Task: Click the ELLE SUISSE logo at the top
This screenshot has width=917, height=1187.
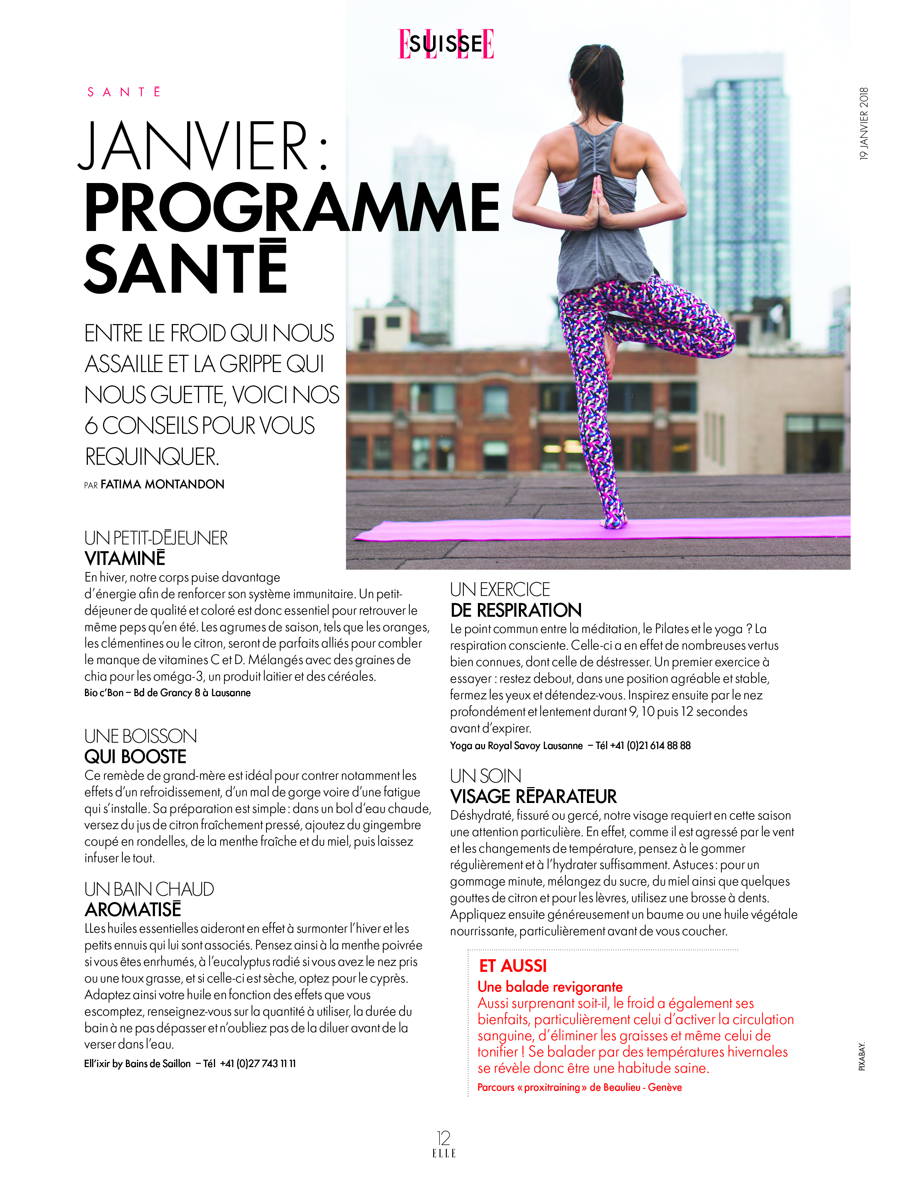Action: tap(446, 43)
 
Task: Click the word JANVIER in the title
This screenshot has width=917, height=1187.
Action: tap(195, 147)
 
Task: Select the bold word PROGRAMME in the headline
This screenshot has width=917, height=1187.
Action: tap(292, 208)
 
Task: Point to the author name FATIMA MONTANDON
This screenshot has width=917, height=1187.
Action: tap(162, 484)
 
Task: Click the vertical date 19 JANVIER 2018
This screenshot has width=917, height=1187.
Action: tap(864, 123)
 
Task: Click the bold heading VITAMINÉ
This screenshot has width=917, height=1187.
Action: tap(125, 558)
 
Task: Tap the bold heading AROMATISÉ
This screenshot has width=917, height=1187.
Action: tap(133, 909)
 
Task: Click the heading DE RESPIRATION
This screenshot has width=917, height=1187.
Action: tap(516, 610)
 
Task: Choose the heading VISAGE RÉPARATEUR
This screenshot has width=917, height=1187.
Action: tap(533, 797)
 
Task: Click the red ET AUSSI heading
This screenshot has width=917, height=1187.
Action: tap(513, 966)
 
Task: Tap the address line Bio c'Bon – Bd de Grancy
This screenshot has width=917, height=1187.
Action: tap(167, 693)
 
